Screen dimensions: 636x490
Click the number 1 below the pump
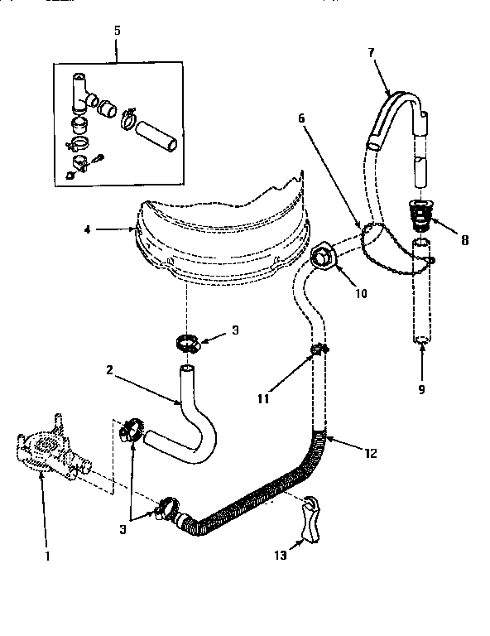[46, 556]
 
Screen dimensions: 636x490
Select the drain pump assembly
[45, 454]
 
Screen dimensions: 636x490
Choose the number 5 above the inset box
[116, 31]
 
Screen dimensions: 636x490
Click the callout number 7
[371, 51]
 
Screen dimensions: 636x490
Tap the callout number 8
[464, 241]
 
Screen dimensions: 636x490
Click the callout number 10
[362, 293]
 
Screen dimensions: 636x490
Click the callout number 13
[279, 556]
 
